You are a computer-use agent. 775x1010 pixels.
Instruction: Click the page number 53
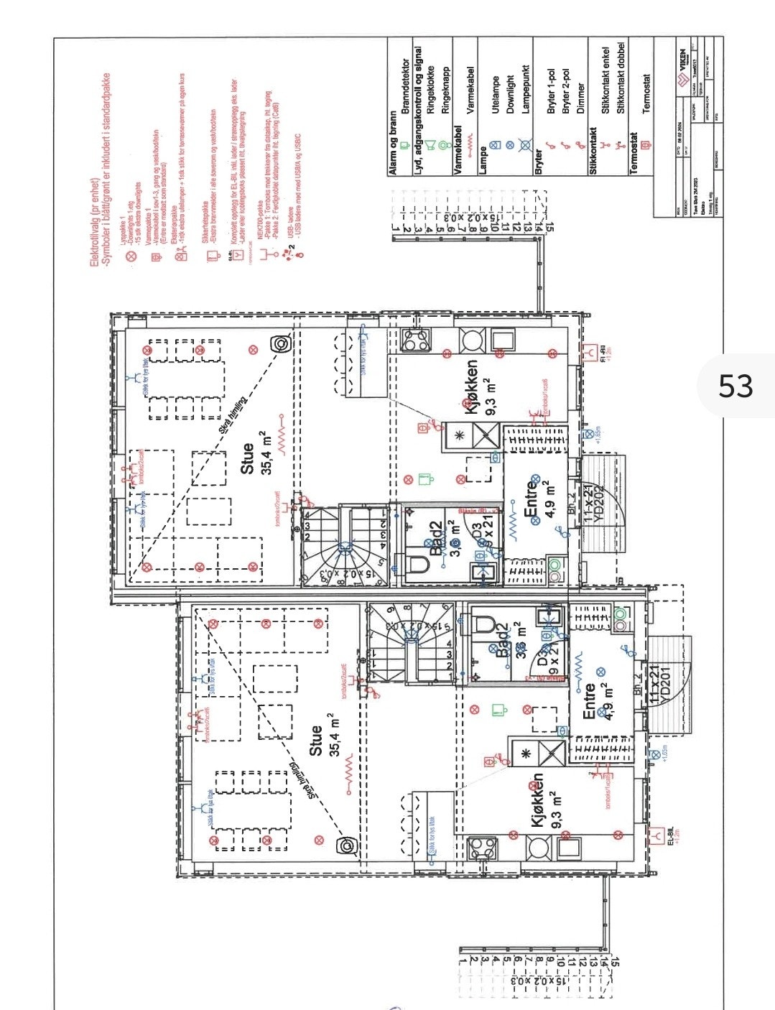point(735,386)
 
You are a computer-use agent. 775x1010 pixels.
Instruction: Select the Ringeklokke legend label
point(431,88)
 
